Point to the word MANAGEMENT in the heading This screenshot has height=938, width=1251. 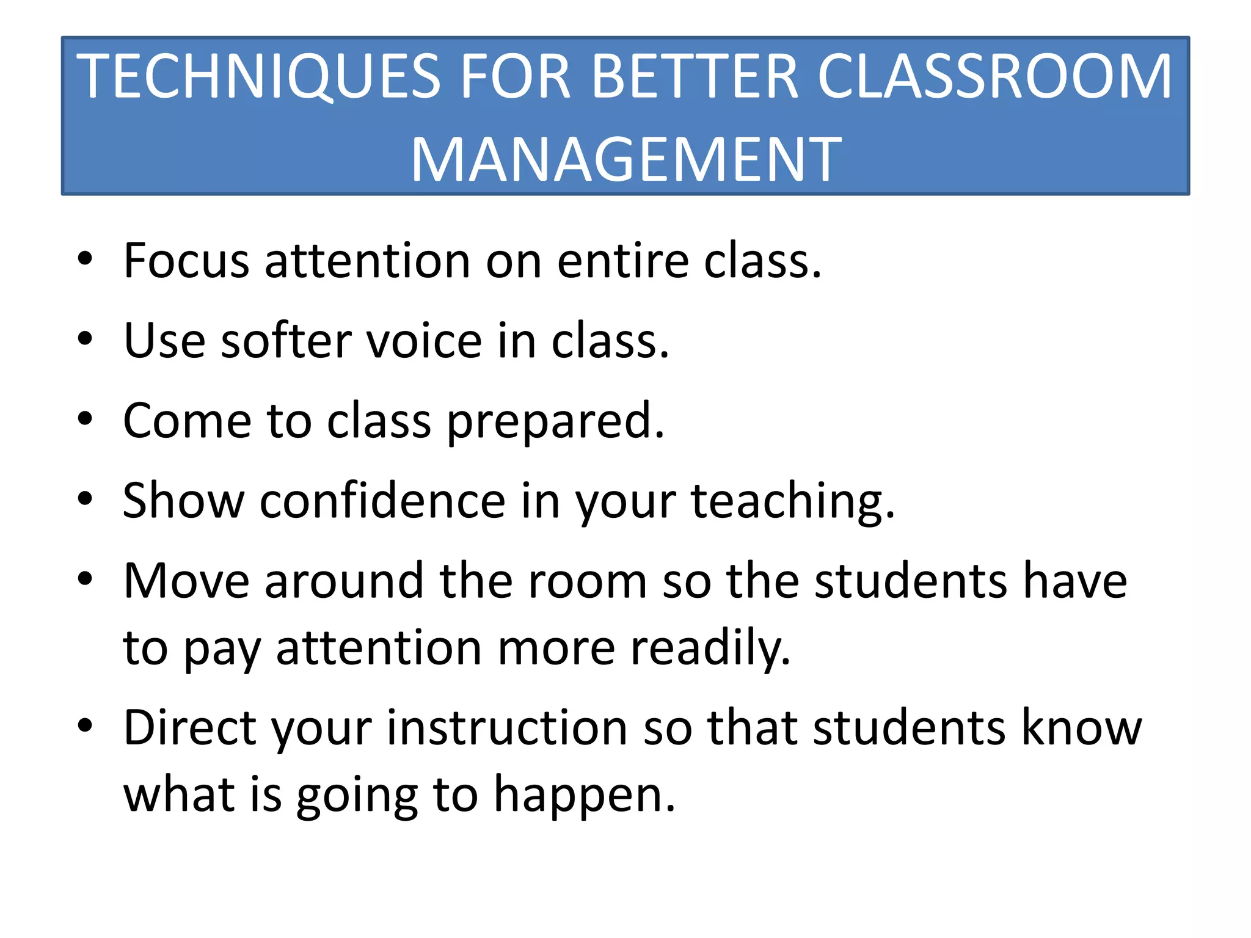point(626,160)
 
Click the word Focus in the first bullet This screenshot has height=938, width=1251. point(186,261)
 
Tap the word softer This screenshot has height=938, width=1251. point(286,341)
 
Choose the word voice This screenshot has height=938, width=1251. point(424,341)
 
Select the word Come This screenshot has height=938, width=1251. point(187,421)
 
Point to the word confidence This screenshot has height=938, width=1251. point(382,501)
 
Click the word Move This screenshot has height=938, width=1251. point(186,581)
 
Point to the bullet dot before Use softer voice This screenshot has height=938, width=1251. point(85,338)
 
